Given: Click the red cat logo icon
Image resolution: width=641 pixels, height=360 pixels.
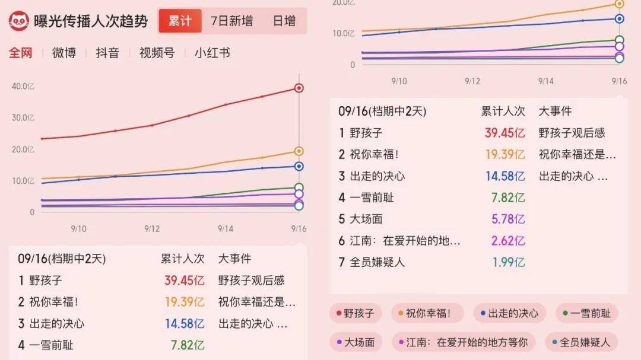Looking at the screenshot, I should pyautogui.click(x=19, y=21).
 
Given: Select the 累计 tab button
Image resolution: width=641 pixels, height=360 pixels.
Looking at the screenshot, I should pyautogui.click(x=180, y=21).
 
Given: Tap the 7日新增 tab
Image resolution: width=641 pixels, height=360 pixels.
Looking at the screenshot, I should pyautogui.click(x=231, y=21).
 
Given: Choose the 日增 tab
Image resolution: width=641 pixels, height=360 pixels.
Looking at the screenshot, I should pyautogui.click(x=284, y=21).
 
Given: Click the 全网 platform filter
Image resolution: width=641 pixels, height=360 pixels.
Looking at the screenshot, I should pyautogui.click(x=20, y=53).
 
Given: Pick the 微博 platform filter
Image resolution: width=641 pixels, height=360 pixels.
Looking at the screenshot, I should pyautogui.click(x=64, y=53).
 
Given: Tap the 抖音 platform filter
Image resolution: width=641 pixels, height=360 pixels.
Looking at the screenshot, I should pyautogui.click(x=107, y=53).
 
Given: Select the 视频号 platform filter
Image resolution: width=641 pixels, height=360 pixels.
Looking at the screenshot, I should pyautogui.click(x=157, y=53).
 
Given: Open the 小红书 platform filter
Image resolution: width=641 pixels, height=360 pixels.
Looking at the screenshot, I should pyautogui.click(x=212, y=53).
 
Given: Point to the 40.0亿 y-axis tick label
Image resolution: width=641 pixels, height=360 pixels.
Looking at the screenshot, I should pyautogui.click(x=23, y=86).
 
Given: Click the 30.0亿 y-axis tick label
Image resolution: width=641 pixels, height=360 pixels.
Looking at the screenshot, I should pyautogui.click(x=23, y=117).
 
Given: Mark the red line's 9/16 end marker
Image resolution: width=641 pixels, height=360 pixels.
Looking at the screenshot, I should pyautogui.click(x=299, y=88).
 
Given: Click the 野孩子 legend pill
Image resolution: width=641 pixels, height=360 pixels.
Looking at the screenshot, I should pyautogui.click(x=356, y=313).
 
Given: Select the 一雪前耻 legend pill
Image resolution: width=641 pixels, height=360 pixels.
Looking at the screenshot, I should pyautogui.click(x=587, y=313).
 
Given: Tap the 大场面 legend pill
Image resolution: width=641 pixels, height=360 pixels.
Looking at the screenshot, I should pyautogui.click(x=356, y=342).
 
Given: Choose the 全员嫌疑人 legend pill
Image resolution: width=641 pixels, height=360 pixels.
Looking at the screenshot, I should pyautogui.click(x=581, y=342).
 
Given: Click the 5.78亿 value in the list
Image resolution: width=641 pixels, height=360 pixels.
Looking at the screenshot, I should pyautogui.click(x=508, y=219).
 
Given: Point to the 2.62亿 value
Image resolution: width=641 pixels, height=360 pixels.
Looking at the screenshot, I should pyautogui.click(x=508, y=240).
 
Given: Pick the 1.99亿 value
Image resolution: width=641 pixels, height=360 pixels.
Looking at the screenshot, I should pyautogui.click(x=508, y=262).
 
